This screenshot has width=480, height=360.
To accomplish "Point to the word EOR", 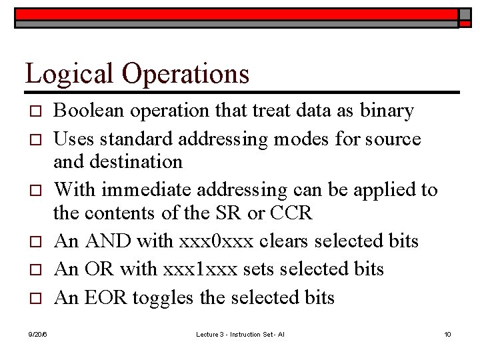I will click(102, 297).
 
